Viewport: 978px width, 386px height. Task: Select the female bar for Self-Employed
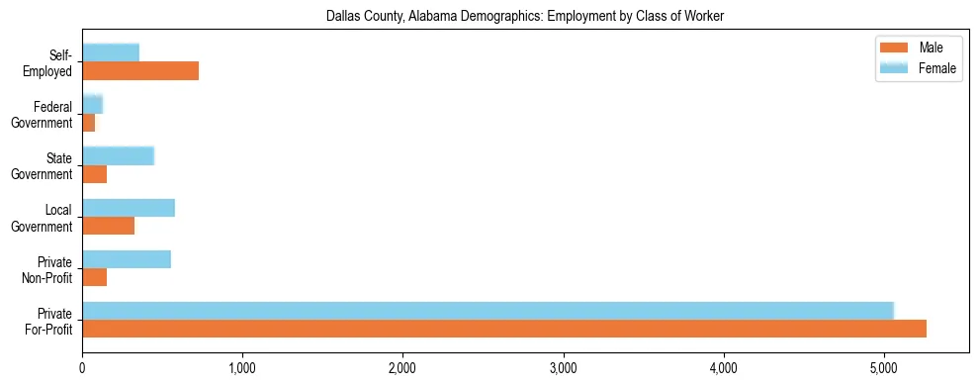[111, 52]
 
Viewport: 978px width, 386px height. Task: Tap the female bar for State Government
[118, 155]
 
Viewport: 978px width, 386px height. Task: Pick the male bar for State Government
[94, 174]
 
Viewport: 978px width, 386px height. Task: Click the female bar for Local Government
[129, 208]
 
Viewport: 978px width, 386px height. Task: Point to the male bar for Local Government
[108, 226]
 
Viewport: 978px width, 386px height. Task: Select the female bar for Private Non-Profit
[127, 259]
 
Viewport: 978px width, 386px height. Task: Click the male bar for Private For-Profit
[504, 329]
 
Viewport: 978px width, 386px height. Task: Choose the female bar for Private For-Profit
[488, 311]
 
